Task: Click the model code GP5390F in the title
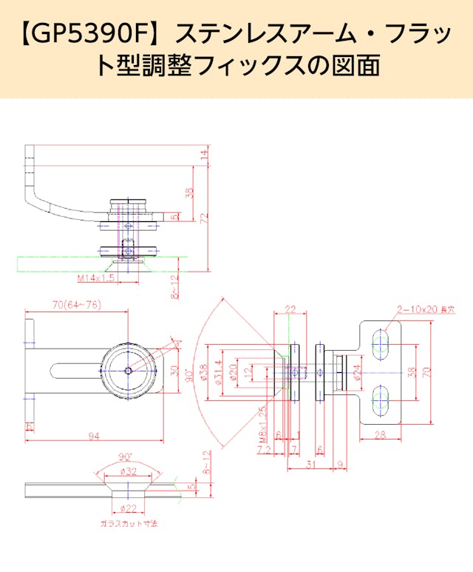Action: [x=92, y=33]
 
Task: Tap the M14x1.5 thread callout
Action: [x=97, y=278]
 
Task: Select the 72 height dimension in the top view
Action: [x=205, y=218]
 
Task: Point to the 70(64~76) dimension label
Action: [x=77, y=305]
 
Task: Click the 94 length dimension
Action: [x=93, y=437]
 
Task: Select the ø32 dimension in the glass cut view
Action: [x=129, y=471]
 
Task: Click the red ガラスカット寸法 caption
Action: [x=129, y=523]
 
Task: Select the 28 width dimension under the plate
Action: [x=380, y=436]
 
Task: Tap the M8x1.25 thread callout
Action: [x=262, y=423]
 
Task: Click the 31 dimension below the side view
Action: [x=312, y=465]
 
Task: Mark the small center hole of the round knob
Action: [x=129, y=370]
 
